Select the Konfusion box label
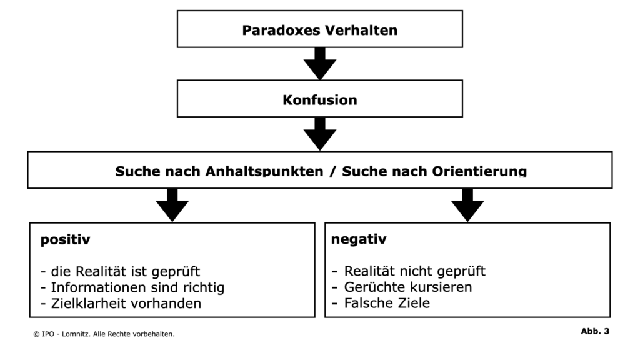[x=319, y=100]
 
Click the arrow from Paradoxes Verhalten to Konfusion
[x=320, y=64]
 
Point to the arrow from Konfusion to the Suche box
[x=320, y=134]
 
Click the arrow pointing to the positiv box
[x=172, y=205]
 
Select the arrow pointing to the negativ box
[x=467, y=205]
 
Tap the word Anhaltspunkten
[x=264, y=171]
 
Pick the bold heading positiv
[x=65, y=239]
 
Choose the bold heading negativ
[x=358, y=239]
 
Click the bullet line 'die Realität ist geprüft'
[x=121, y=271]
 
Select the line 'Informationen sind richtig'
[x=132, y=287]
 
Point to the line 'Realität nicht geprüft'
[x=409, y=271]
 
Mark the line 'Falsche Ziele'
[x=381, y=303]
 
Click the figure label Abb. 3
[x=595, y=331]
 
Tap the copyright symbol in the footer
[x=36, y=334]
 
